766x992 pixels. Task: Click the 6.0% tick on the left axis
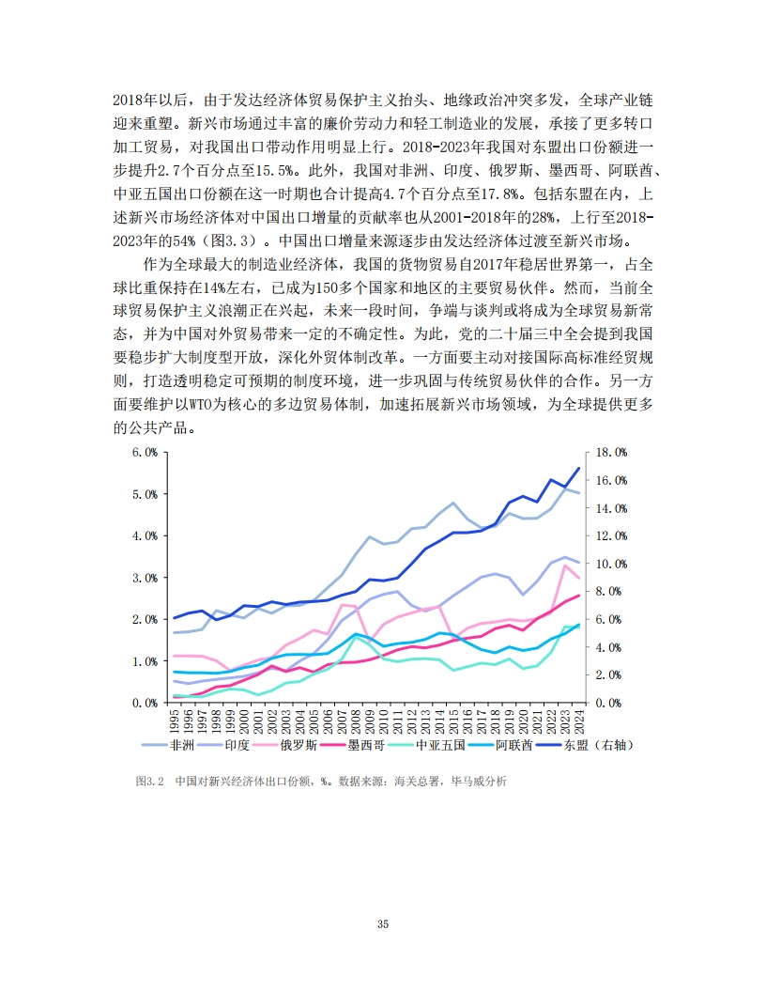coord(144,452)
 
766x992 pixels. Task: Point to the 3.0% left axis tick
coord(144,578)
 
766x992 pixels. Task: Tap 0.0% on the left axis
coord(144,703)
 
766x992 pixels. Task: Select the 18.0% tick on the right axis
coord(611,452)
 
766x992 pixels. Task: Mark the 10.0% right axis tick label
coord(611,564)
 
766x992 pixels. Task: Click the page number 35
coord(383,924)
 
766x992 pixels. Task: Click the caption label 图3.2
coord(150,782)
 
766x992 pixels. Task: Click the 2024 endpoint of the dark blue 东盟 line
coord(578,468)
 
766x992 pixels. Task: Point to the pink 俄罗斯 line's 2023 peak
coord(564,566)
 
